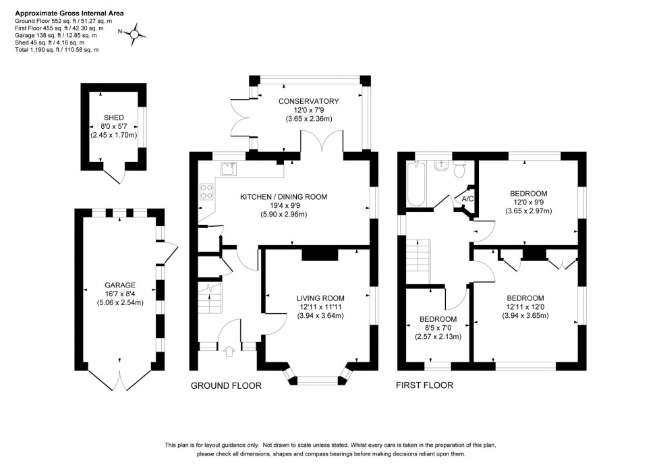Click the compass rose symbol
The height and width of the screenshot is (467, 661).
click(x=135, y=33)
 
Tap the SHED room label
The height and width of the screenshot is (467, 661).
click(x=113, y=117)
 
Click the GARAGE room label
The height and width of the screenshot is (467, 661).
click(x=120, y=285)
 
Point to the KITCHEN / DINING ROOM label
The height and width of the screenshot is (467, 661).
click(x=283, y=197)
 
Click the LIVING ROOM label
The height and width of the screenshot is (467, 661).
click(x=320, y=298)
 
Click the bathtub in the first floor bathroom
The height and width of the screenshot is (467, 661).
click(x=414, y=184)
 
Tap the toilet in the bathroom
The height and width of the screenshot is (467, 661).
click(x=460, y=169)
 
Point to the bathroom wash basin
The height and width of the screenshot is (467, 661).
click(x=442, y=166)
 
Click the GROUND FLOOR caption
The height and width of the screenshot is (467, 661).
click(x=227, y=385)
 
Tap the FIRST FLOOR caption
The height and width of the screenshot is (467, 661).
click(x=426, y=385)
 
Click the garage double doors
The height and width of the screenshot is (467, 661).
click(x=120, y=380)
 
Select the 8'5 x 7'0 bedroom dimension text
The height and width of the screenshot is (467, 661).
click(x=438, y=328)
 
